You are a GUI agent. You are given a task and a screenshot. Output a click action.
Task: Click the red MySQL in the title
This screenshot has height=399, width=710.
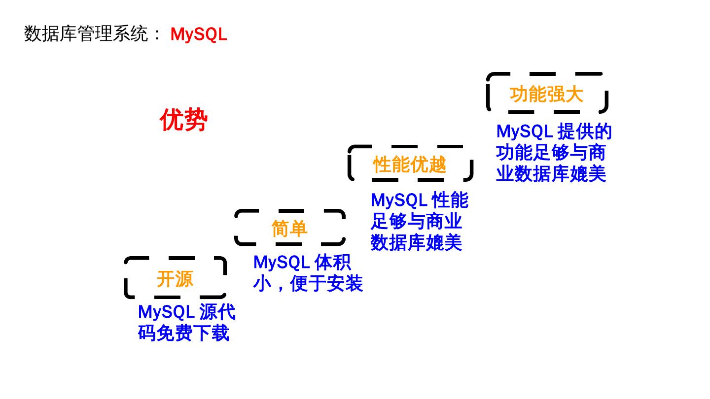click(198, 34)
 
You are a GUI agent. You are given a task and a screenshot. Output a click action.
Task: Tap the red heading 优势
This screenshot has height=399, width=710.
click(183, 120)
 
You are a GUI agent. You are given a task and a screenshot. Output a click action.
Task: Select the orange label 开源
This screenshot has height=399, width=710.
click(175, 279)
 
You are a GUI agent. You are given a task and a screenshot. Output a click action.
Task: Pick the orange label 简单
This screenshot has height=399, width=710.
click(289, 229)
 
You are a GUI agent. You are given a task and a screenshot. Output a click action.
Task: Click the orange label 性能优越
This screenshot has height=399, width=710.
click(409, 165)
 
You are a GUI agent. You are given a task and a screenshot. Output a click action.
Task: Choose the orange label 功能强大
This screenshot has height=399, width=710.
click(546, 94)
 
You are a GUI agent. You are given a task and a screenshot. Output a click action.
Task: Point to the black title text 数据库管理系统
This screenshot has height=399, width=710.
click(86, 34)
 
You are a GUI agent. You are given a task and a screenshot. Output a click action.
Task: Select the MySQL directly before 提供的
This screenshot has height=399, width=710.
click(524, 132)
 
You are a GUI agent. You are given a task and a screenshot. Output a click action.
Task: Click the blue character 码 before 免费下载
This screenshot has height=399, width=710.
click(147, 333)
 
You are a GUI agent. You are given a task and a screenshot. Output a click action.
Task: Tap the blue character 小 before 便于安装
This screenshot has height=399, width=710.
click(262, 284)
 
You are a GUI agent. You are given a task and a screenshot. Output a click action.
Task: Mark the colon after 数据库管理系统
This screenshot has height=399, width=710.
click(157, 34)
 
